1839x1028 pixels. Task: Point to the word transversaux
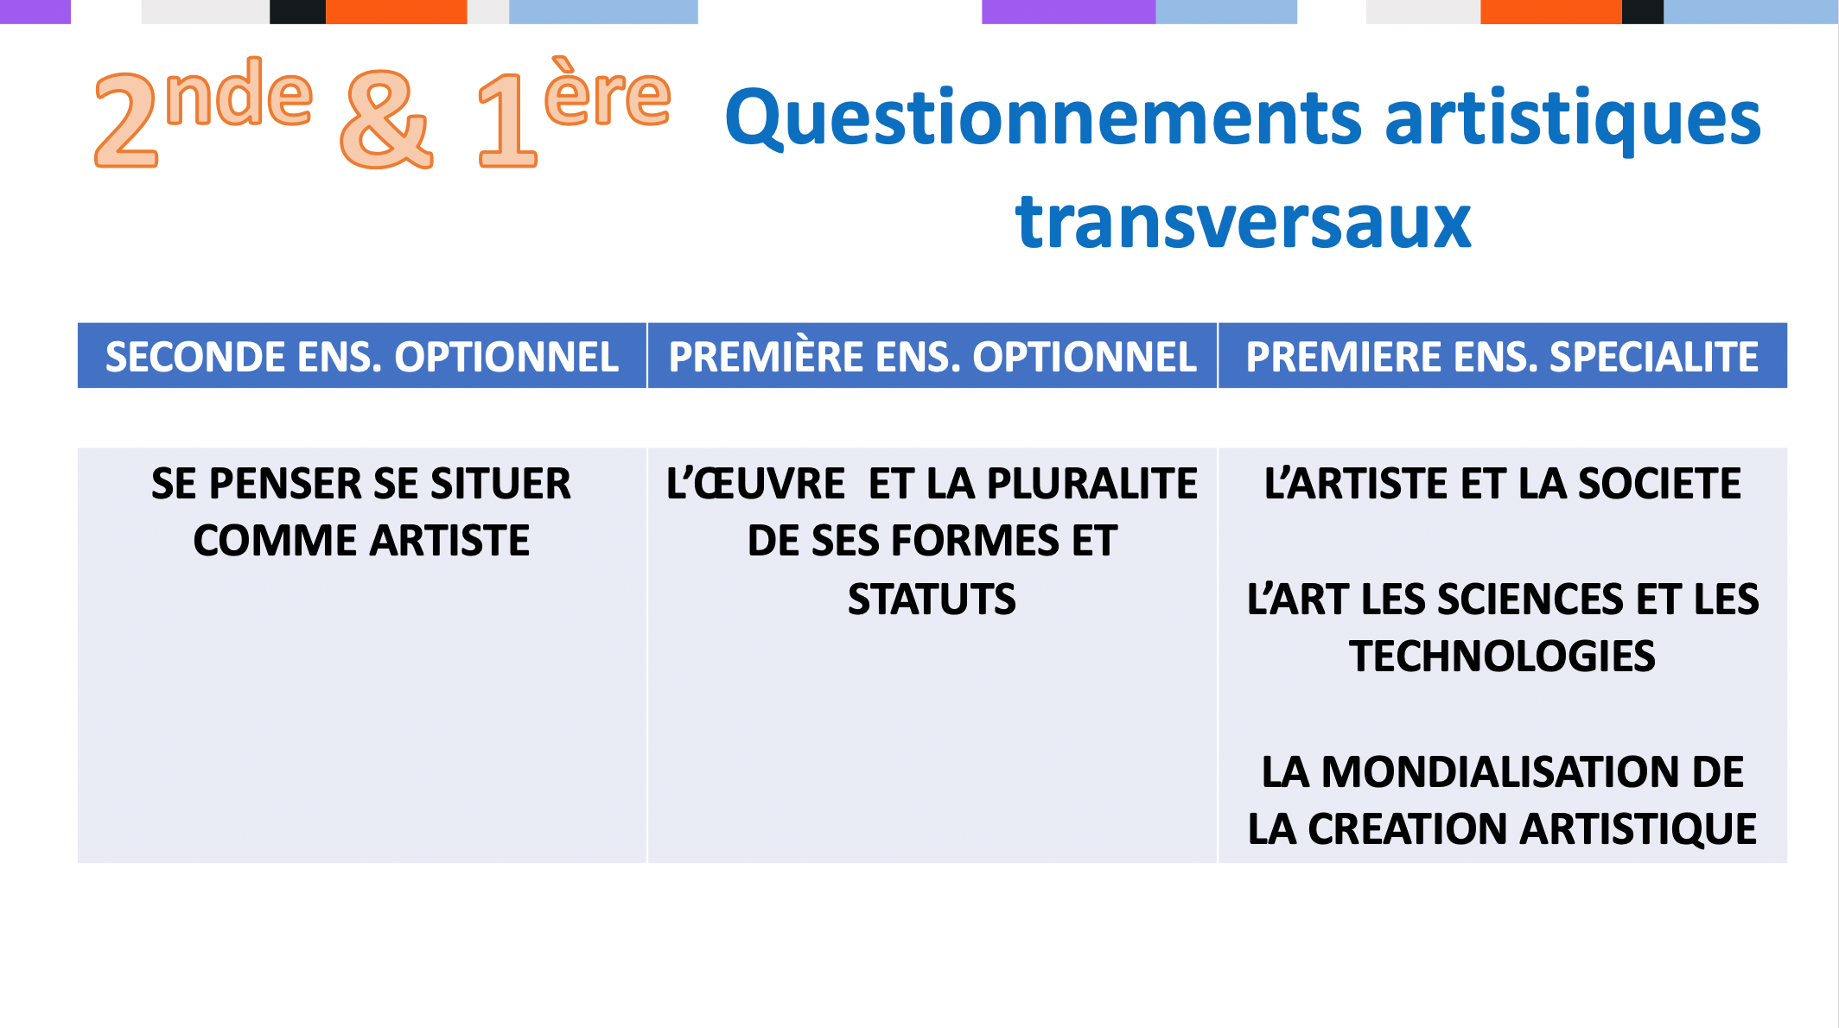pos(1243,222)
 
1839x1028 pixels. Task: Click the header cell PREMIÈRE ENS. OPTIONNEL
pos(932,355)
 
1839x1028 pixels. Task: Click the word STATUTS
pos(932,600)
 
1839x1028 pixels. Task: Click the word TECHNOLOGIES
pos(1502,657)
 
